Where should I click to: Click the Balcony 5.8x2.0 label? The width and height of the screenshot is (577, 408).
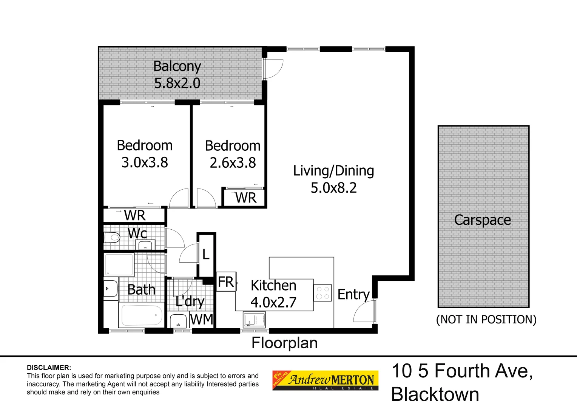click(x=177, y=75)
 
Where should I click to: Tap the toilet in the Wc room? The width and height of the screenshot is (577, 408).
click(x=112, y=238)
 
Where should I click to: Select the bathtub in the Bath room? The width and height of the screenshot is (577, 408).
click(x=141, y=315)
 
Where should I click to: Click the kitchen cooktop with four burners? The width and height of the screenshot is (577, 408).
click(x=322, y=293)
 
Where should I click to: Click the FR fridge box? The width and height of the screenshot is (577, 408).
click(x=226, y=282)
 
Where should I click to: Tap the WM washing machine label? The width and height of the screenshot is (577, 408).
click(x=202, y=320)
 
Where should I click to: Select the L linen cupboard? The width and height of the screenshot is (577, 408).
click(x=206, y=255)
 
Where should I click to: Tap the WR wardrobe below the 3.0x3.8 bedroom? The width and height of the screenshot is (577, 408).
click(x=134, y=215)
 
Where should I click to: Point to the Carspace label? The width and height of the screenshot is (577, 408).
click(x=482, y=220)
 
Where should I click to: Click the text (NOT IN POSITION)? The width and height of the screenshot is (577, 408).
click(x=486, y=320)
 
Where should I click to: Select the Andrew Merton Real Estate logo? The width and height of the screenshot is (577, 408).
click(x=325, y=380)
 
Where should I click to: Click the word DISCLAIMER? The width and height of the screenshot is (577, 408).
click(x=49, y=368)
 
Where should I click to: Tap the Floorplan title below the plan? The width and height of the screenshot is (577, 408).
click(x=284, y=343)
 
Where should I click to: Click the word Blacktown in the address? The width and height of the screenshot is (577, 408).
click(x=435, y=394)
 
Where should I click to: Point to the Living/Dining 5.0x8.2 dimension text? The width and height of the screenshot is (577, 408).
click(x=333, y=188)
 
